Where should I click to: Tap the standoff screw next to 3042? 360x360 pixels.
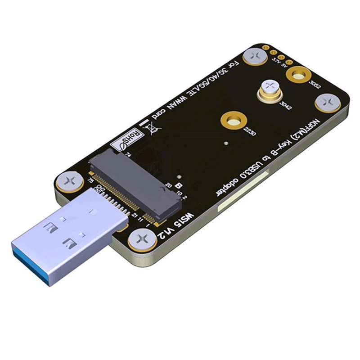click(270, 88)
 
